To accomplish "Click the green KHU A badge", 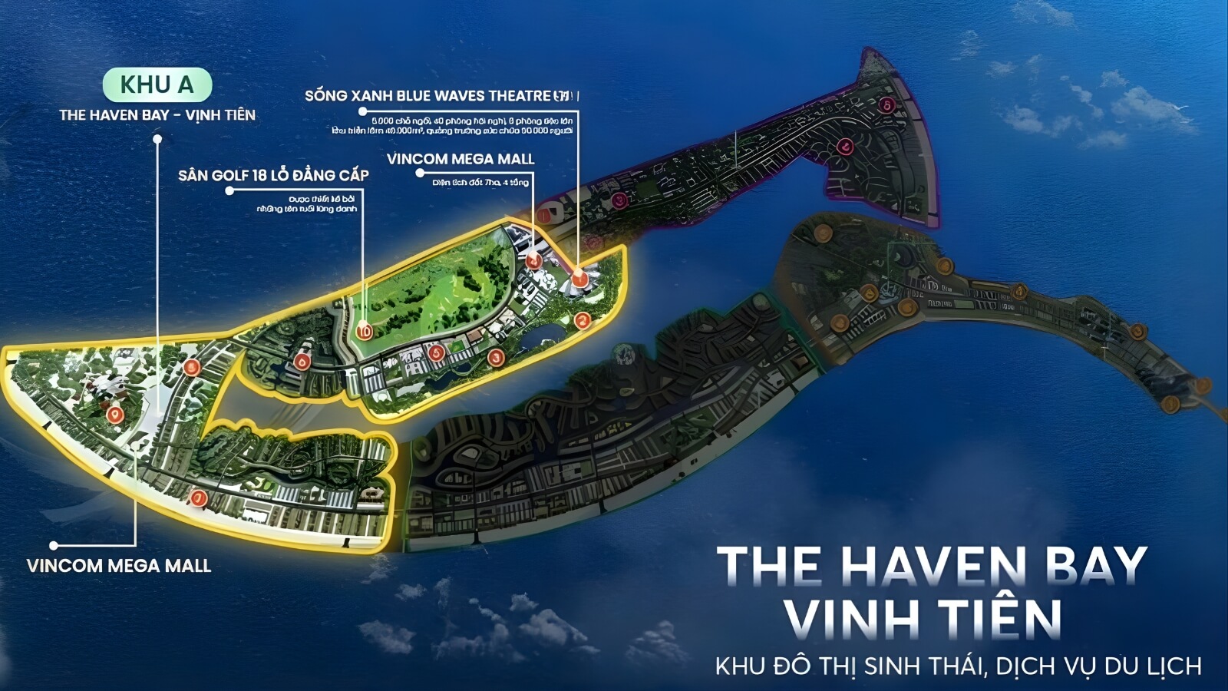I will [x=157, y=84].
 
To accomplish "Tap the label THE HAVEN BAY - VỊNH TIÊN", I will [x=157, y=115].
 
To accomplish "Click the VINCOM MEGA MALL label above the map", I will [x=460, y=160].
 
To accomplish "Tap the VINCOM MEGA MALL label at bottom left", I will [x=119, y=567].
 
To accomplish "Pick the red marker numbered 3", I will [x=496, y=357].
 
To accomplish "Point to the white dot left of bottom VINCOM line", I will [x=54, y=546].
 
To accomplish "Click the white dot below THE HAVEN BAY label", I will [x=157, y=139].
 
